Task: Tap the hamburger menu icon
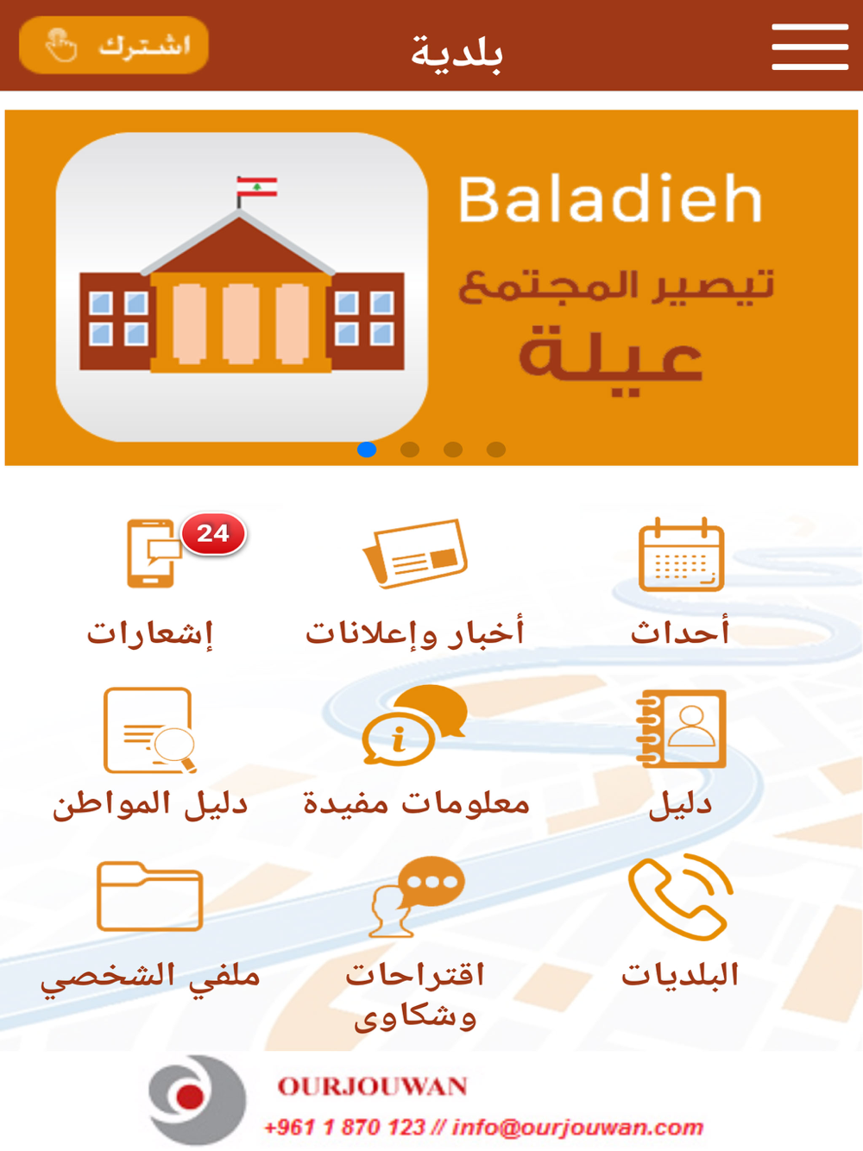(x=810, y=47)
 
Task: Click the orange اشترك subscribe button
(x=114, y=45)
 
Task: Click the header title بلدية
(x=457, y=52)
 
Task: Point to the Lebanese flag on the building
(x=256, y=187)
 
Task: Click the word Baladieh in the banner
(x=610, y=199)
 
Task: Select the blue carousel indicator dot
(x=367, y=450)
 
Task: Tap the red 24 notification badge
(x=213, y=534)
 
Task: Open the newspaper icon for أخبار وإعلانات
(x=415, y=554)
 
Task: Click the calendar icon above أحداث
(x=681, y=554)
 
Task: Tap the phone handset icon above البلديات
(x=680, y=897)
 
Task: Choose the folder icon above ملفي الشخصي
(x=150, y=896)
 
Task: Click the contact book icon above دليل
(x=681, y=729)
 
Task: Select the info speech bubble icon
(x=414, y=726)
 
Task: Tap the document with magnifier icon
(x=150, y=731)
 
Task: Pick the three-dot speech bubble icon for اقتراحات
(x=418, y=896)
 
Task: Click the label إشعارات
(x=150, y=633)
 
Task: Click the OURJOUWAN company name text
(x=372, y=1086)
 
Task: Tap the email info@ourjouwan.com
(x=577, y=1127)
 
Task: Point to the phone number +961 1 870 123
(x=344, y=1127)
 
